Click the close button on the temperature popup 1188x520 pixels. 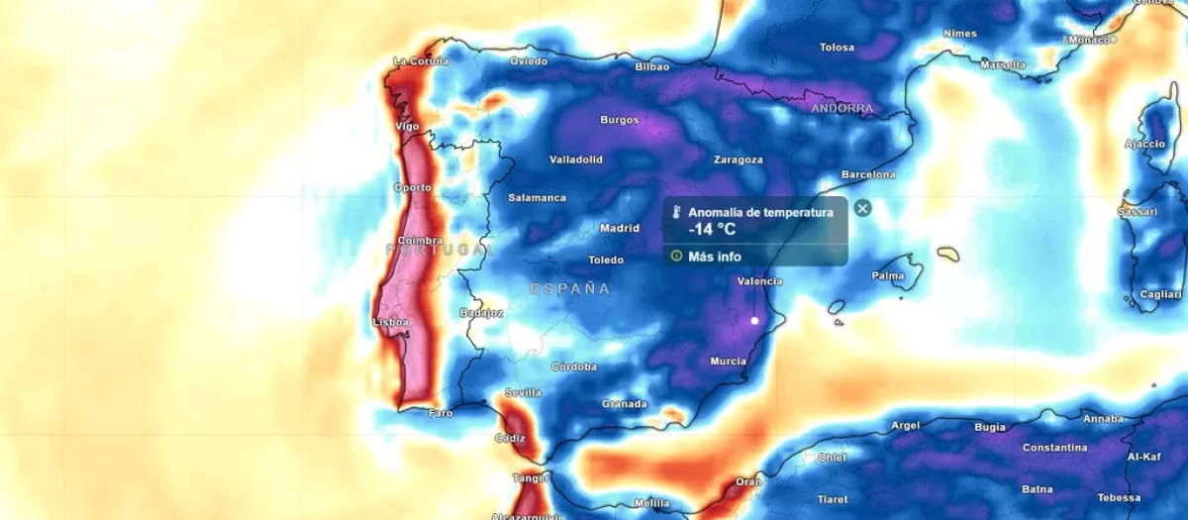[862, 208]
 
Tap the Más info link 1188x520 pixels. [714, 257]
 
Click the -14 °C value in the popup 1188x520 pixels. [713, 230]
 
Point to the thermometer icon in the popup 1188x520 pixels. [676, 213]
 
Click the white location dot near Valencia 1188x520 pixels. [754, 321]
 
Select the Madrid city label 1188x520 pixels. [620, 229]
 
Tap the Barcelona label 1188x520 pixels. [868, 175]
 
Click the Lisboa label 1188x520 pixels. [390, 323]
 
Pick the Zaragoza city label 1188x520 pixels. [738, 159]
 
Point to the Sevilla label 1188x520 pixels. [523, 393]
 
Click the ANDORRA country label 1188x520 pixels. [842, 109]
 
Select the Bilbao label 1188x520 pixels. [651, 67]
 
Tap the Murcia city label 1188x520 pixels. [728, 362]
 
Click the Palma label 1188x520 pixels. [888, 275]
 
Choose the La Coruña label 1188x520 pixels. [421, 61]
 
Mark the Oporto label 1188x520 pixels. [412, 188]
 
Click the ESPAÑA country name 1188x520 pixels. [570, 289]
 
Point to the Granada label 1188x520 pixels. [624, 404]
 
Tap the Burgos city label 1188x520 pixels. [620, 121]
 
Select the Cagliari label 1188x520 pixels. [1160, 295]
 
